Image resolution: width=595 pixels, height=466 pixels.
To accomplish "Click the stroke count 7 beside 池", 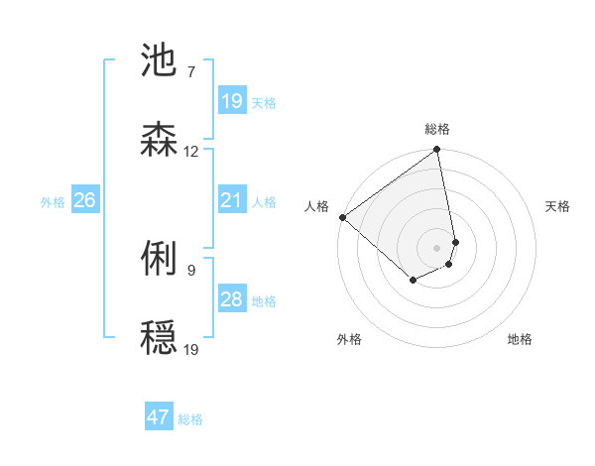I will [x=190, y=72].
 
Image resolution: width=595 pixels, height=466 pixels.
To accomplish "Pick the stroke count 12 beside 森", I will [x=190, y=152].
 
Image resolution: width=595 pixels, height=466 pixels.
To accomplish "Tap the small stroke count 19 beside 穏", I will [x=190, y=349].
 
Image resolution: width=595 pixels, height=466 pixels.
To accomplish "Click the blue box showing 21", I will [x=231, y=201].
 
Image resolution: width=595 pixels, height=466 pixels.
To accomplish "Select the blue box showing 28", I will [x=231, y=299].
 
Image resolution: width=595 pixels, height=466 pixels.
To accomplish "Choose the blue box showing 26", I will [x=84, y=201].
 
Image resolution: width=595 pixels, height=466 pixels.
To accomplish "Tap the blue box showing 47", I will [x=159, y=417].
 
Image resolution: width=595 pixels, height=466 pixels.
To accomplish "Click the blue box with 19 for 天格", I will [x=231, y=101].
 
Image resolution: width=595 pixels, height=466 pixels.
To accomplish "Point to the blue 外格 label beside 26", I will [x=53, y=202].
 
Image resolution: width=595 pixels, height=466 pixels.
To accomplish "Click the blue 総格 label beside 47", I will [x=190, y=419].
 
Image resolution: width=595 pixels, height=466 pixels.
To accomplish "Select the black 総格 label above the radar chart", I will [x=437, y=130].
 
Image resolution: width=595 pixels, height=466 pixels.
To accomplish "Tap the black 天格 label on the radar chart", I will [x=557, y=206].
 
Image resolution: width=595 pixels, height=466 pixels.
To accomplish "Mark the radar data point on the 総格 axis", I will [x=437, y=151].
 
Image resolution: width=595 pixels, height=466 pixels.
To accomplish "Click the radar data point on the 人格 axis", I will [x=342, y=217].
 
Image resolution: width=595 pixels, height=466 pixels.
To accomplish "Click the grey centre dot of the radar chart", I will [x=437, y=247].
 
